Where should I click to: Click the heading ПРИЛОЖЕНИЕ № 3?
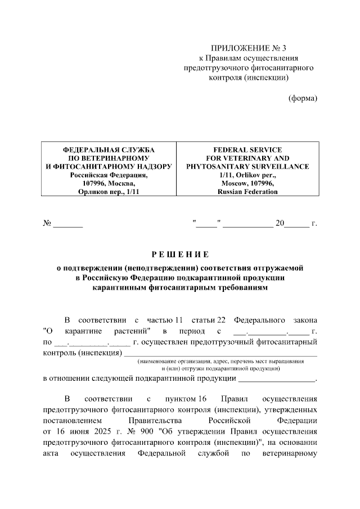coord(249,48)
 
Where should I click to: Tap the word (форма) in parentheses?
coord(303,98)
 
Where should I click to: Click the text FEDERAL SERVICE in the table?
coord(248,150)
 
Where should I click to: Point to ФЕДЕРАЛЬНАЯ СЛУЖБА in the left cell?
coord(109,150)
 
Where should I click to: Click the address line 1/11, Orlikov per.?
coord(248,175)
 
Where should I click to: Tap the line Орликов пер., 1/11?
coord(109,192)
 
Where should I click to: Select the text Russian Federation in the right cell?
coord(248,192)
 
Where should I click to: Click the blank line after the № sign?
coord(67,225)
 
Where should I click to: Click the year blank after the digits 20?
coord(296,225)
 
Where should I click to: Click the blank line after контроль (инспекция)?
coord(220,355)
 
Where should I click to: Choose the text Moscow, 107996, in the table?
coord(248,184)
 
